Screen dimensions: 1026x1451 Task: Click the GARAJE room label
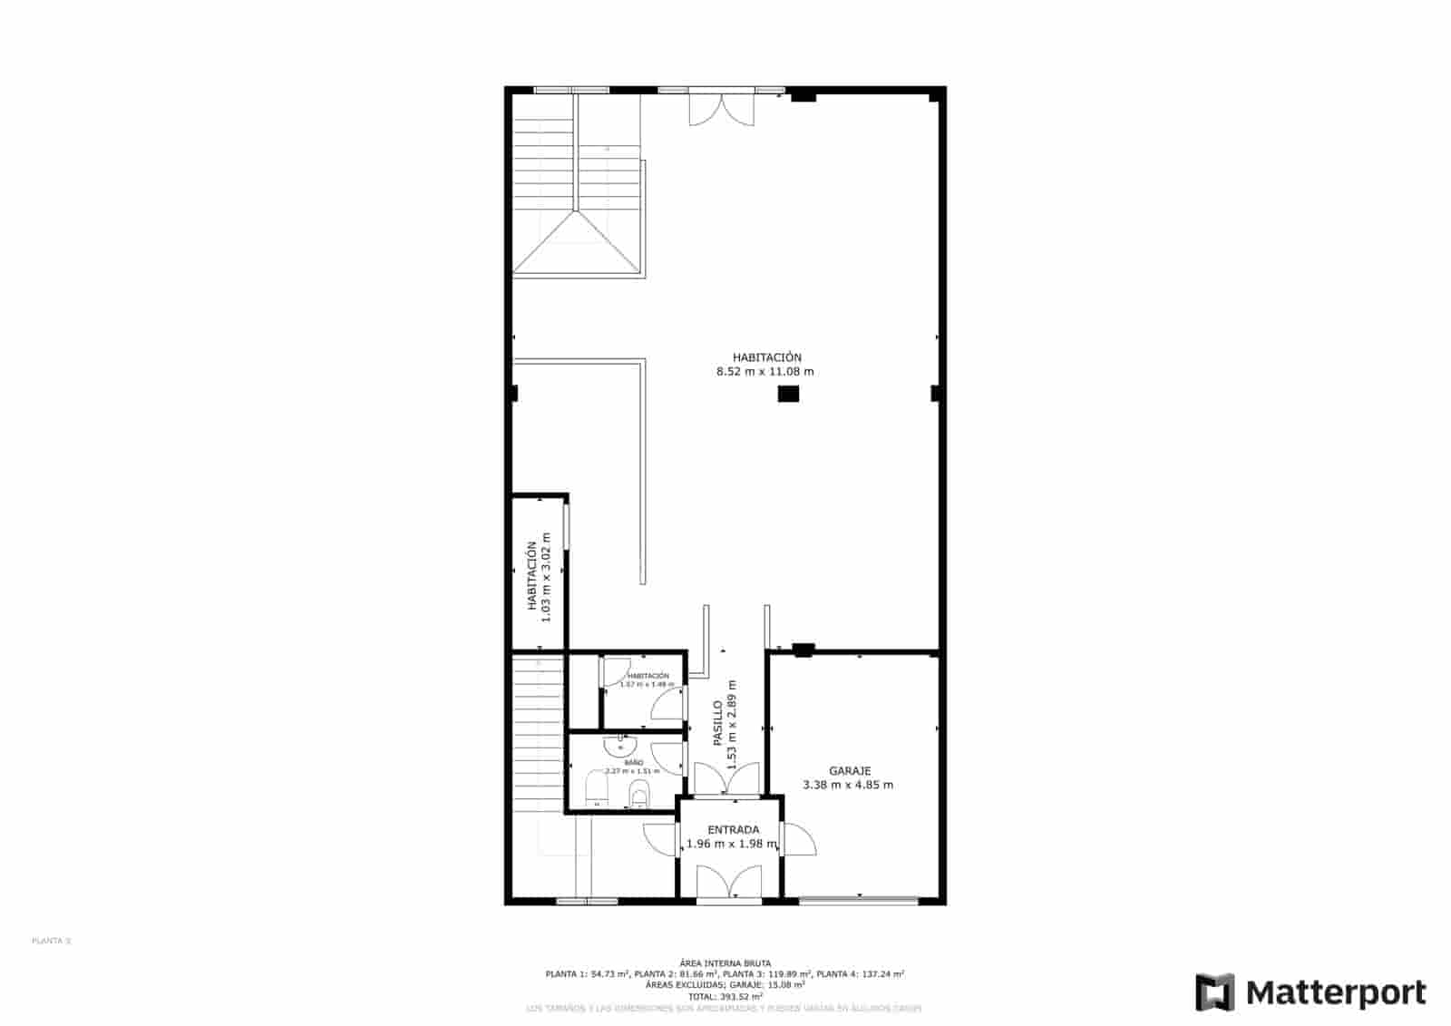tap(849, 771)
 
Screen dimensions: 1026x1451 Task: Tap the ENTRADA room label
tap(733, 829)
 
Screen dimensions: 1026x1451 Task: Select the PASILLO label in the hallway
tap(717, 722)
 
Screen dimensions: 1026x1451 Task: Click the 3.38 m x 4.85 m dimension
tap(848, 786)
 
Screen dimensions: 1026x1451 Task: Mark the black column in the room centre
tap(787, 394)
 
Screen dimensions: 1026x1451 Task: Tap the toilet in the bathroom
tap(639, 795)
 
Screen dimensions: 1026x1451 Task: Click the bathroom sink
tap(619, 746)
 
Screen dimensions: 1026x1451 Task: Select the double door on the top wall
tap(721, 108)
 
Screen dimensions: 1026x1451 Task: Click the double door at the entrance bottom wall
tap(729, 884)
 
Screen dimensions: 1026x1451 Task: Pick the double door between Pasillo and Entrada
tap(726, 779)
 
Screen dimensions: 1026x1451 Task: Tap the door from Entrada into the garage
tap(797, 839)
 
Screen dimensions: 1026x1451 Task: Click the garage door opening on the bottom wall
tap(858, 900)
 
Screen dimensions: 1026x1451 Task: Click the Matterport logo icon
tap(1214, 992)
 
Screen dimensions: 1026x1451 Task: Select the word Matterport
tap(1336, 992)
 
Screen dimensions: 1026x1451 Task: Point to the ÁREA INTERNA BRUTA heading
tap(725, 962)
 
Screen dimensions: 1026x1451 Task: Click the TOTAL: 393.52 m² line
tap(725, 996)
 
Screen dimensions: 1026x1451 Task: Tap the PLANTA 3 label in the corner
tap(51, 941)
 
